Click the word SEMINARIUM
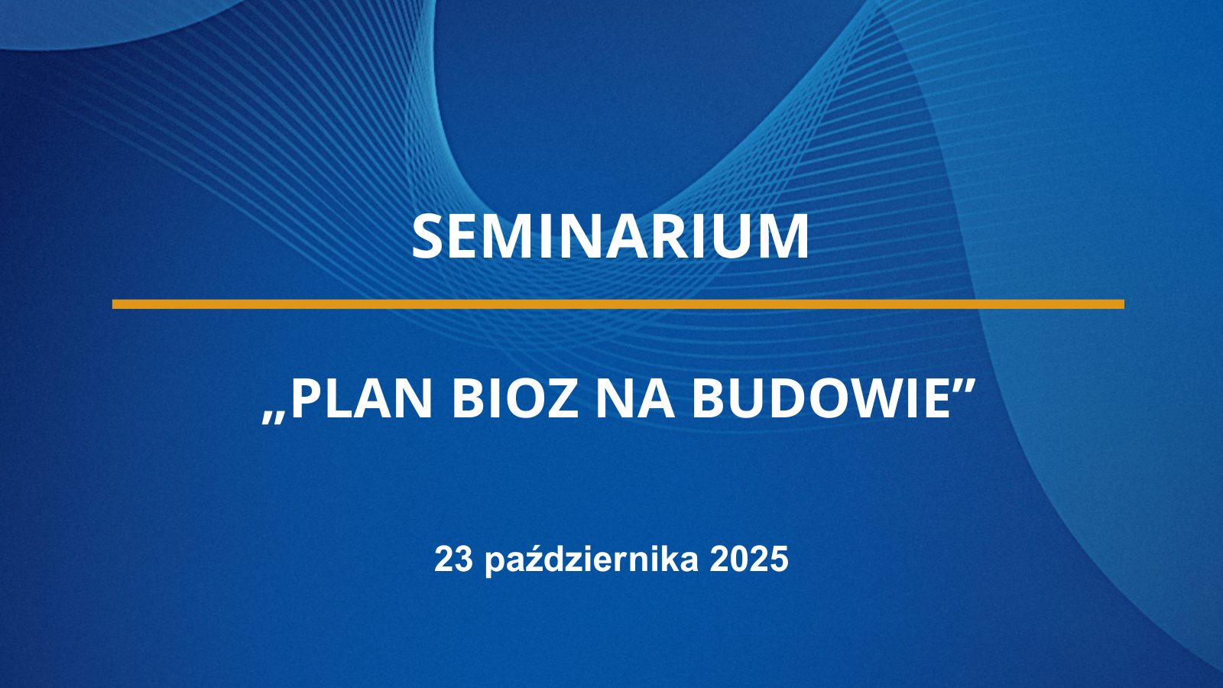pos(610,236)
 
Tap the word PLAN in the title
pos(362,398)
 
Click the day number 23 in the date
pos(453,559)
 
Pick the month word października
pos(592,560)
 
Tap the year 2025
pos(749,559)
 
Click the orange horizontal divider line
pos(618,304)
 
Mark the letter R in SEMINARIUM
pos(676,236)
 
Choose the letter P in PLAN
pos(305,398)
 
